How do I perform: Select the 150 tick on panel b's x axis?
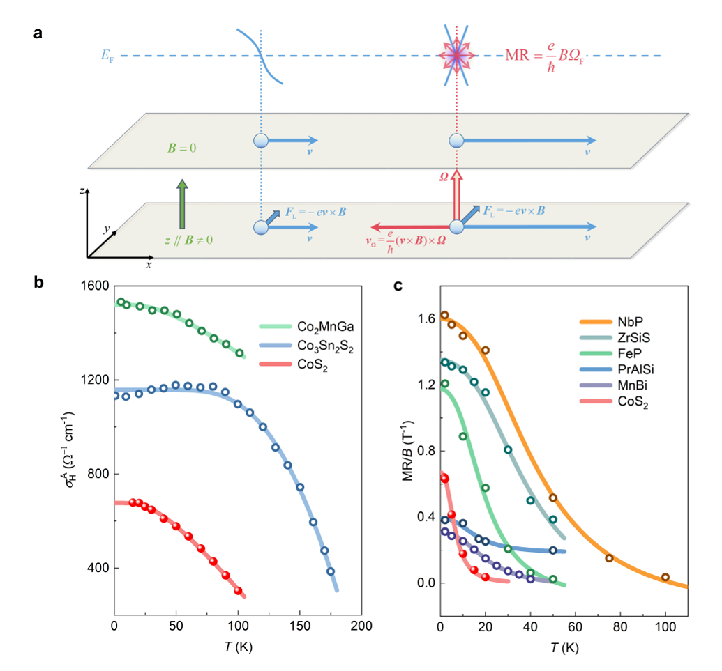coord(299,626)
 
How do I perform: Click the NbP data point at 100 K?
coord(665,577)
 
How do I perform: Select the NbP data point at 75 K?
coord(609,558)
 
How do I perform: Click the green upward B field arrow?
coord(182,203)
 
